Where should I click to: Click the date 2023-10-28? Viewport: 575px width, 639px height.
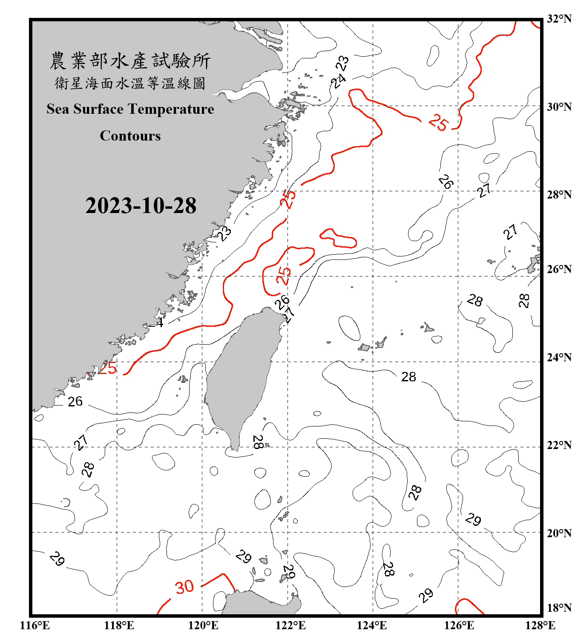coord(141,206)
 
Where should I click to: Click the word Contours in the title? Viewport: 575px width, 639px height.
coord(130,136)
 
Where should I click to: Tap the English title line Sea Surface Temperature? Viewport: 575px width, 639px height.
coord(130,109)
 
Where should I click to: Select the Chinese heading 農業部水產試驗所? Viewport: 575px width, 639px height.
coord(130,61)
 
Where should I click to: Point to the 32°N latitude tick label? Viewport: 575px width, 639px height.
coord(559,19)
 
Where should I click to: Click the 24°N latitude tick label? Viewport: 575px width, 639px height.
coord(559,357)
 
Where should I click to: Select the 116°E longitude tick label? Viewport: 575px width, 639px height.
coord(35,625)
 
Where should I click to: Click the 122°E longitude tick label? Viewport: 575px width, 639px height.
coord(290,625)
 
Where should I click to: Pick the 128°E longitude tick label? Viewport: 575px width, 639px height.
coord(540,625)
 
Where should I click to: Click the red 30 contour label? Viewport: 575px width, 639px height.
coord(184,587)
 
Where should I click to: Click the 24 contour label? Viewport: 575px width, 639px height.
coord(339,81)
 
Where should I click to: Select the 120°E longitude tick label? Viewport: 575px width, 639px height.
coord(203,625)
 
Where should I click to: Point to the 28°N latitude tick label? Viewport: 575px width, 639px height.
coord(559,195)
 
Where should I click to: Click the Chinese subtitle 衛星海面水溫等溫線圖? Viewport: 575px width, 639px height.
coord(130,83)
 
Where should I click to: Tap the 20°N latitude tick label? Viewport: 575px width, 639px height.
coord(559,533)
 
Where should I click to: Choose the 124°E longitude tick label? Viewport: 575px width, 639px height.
coord(372,625)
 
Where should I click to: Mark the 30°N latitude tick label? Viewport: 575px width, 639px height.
coord(559,106)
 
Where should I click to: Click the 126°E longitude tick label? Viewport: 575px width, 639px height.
coord(459,625)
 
